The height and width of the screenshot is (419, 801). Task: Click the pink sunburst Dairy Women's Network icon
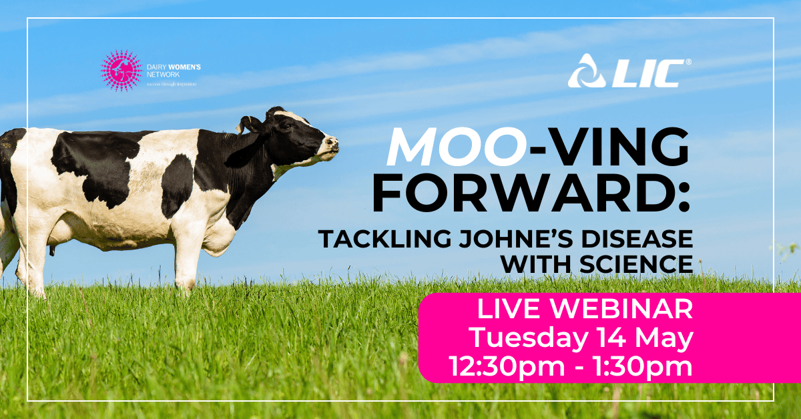pos(121,69)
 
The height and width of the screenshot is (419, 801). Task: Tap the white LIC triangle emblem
pos(586,72)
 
